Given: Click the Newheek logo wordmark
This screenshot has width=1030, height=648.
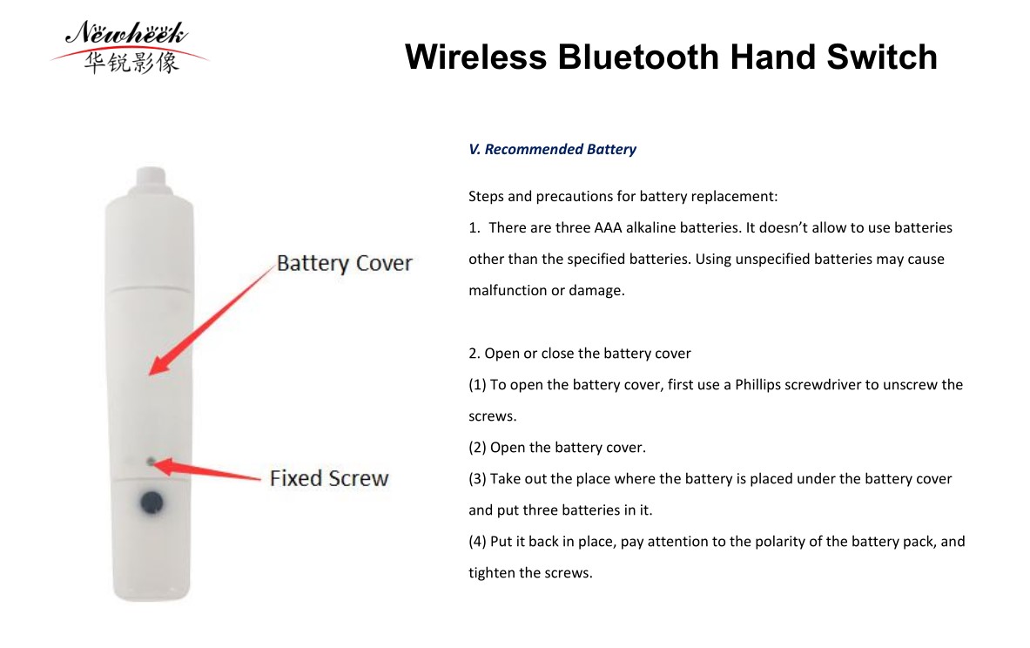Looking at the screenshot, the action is [x=126, y=33].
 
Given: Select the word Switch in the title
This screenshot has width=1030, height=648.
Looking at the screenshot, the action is [x=881, y=57].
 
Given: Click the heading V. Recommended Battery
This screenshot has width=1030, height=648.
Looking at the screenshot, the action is [x=552, y=149].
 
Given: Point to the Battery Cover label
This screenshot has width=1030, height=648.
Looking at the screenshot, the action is [x=344, y=263].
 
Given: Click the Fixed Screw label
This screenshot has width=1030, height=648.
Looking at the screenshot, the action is [x=329, y=478].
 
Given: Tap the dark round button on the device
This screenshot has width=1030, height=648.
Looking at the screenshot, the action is [x=151, y=503].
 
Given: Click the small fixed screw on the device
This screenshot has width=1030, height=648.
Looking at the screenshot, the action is [x=151, y=462].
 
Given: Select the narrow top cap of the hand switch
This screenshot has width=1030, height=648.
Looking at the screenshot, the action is [x=151, y=178].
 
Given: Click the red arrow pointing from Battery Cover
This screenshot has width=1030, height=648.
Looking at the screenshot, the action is [x=211, y=320].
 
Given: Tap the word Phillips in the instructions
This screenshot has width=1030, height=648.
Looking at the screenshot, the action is [x=757, y=384].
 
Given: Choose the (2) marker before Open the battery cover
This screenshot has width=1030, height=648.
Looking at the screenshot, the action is [x=477, y=448].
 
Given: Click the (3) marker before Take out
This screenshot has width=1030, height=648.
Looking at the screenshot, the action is [x=477, y=479].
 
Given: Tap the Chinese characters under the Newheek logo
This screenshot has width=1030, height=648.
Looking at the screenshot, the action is [x=131, y=63].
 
